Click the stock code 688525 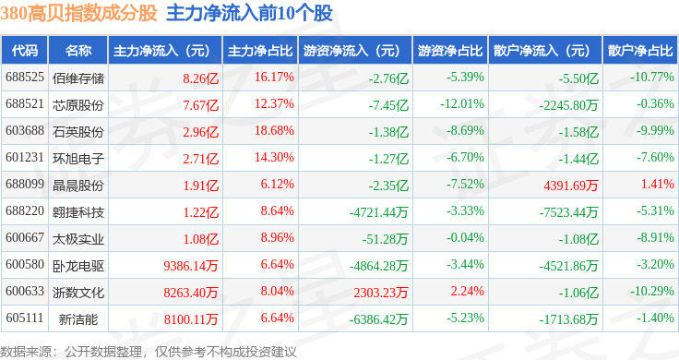pos(25,78)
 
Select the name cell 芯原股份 pos(78,105)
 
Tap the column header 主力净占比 pos(260,51)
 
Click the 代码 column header pos(25,51)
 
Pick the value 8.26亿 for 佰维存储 pos(200,78)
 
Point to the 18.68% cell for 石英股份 pos(274,130)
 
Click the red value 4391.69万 pos(571,186)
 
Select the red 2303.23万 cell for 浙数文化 pos(381,293)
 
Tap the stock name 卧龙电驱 pos(78,266)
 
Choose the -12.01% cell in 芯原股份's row pos(462,104)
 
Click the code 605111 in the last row pos(25,318)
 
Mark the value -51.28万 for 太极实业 pos(385,239)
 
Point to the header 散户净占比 pos(640,51)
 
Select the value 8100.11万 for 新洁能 pos(191,319)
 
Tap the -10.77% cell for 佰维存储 pos(651,78)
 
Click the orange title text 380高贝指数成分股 pos(78,13)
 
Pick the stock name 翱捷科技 pos(78,212)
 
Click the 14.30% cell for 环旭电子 pos(274,157)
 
